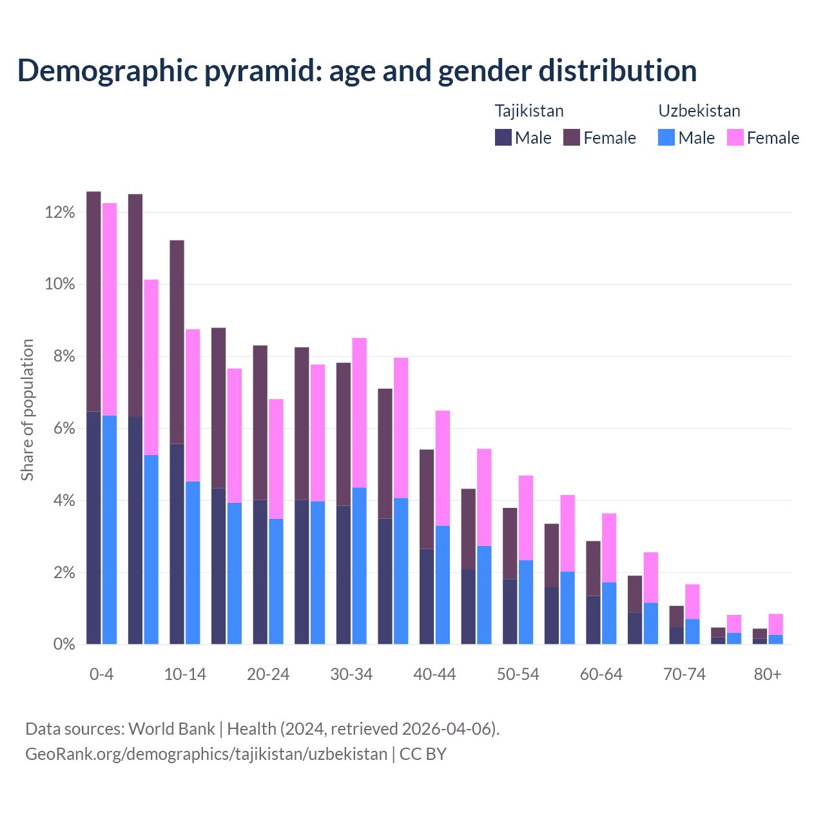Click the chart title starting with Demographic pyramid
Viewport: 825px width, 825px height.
[x=356, y=71]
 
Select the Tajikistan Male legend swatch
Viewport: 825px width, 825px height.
[x=503, y=137]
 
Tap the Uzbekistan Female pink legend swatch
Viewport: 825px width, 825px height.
[x=735, y=137]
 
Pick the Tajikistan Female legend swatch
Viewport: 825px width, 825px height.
[x=572, y=137]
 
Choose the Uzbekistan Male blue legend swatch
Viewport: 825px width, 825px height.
[x=666, y=137]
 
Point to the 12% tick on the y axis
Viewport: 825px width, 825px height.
[x=60, y=213]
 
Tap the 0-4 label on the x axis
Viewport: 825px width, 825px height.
[x=101, y=675]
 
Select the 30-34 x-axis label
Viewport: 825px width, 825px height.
[x=351, y=675]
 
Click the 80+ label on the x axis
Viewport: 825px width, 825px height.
[x=768, y=675]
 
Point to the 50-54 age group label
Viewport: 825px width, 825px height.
[x=518, y=675]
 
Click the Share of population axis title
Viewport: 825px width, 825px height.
[x=27, y=410]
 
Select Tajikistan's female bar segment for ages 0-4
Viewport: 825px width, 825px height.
[x=93, y=301]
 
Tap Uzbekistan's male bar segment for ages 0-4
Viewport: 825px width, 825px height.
[x=110, y=530]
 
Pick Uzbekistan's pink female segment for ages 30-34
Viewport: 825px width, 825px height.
[x=359, y=412]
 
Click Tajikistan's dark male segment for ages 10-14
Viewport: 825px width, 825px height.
[x=177, y=543]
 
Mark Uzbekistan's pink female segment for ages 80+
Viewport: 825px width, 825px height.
[x=775, y=624]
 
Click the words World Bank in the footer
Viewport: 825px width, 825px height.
[x=171, y=729]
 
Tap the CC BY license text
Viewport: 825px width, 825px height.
[x=423, y=754]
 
